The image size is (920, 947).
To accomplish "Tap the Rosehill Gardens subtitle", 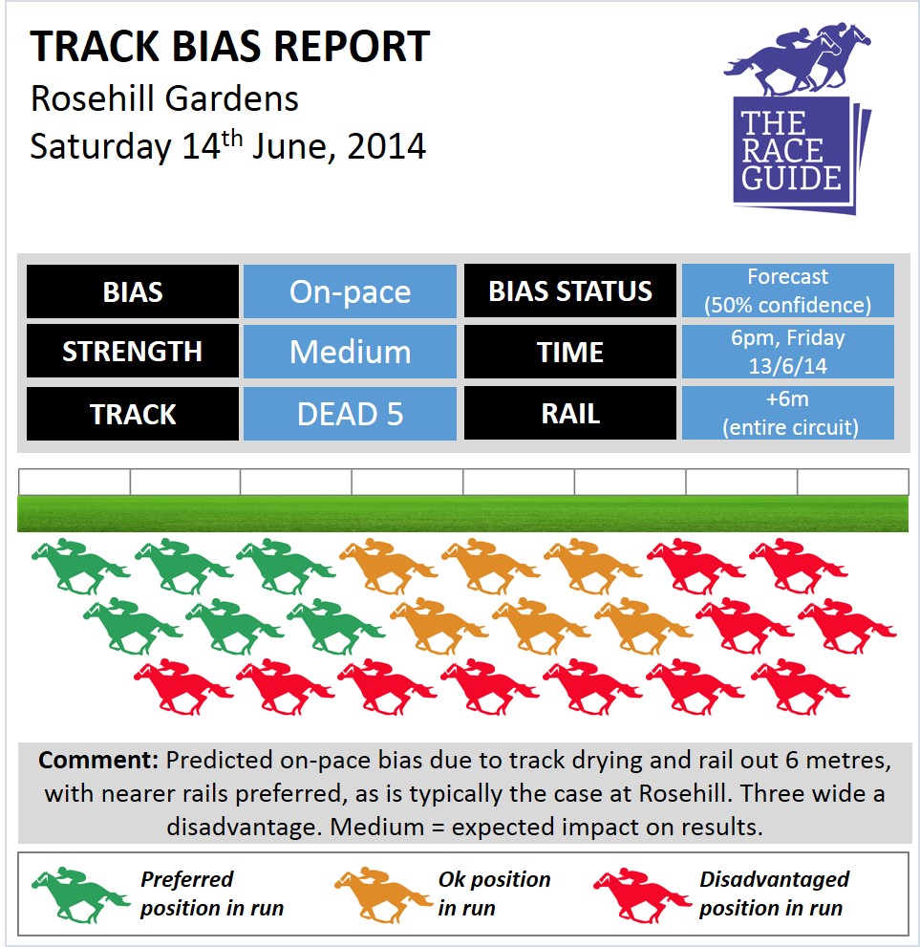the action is click(x=165, y=98).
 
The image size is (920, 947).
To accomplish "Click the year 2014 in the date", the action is click(x=387, y=146).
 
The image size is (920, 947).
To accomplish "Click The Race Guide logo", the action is click(x=798, y=119).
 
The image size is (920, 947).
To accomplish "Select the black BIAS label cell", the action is click(x=133, y=291).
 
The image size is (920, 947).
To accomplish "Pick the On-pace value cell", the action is click(x=350, y=291).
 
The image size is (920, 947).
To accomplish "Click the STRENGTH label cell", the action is click(x=133, y=352).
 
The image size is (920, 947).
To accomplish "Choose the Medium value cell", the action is click(x=350, y=352).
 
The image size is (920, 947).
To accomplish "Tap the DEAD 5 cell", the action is click(x=350, y=414).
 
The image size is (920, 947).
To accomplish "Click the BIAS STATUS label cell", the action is click(x=570, y=291).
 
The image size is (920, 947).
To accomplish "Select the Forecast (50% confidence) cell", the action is click(x=788, y=291).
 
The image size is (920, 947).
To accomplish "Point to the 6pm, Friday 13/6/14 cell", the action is click(x=788, y=352).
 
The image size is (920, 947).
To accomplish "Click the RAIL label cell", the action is click(x=570, y=413).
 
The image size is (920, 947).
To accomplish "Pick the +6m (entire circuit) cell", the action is click(x=788, y=413).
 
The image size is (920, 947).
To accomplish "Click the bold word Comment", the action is click(x=98, y=760).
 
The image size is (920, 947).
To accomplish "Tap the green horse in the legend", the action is click(x=80, y=895).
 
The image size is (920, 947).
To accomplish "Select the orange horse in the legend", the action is click(x=384, y=895).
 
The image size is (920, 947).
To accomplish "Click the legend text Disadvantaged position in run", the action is click(x=775, y=893).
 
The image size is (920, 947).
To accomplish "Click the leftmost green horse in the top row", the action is click(x=80, y=567).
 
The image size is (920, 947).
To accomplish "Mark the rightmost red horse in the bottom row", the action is click(x=800, y=687).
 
